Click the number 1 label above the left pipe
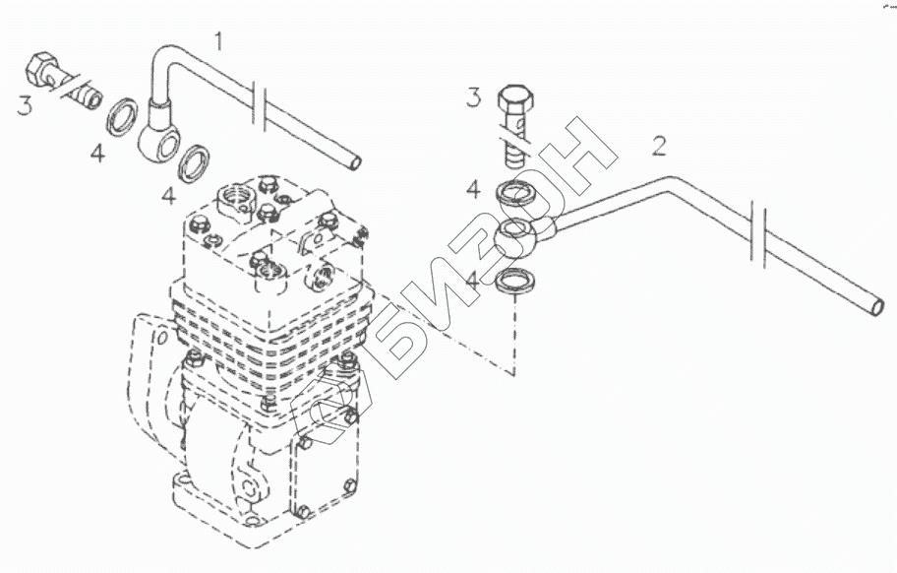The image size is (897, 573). pos(219,41)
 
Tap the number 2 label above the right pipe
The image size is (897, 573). pos(659,148)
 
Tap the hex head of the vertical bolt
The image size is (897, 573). pos(515,101)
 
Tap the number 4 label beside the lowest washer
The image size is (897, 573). pos(473,280)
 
